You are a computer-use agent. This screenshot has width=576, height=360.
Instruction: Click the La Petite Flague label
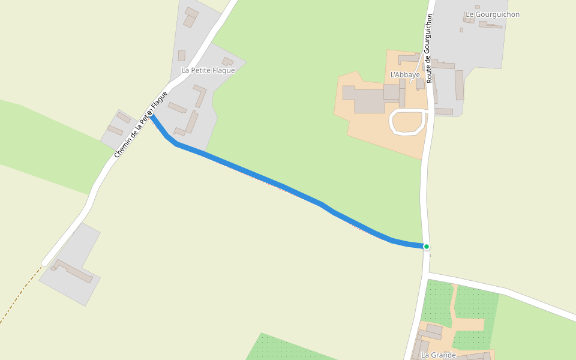point(208,70)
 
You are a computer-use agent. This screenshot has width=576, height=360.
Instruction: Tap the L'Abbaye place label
point(405,75)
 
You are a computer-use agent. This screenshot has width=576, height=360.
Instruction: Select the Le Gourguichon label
point(493,14)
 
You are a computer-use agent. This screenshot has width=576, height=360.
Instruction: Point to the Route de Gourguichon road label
point(428,48)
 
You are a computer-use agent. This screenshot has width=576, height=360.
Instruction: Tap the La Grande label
point(438,355)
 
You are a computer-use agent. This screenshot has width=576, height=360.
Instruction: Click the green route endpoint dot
point(427,247)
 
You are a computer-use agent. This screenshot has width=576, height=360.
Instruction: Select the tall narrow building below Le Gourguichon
point(459,85)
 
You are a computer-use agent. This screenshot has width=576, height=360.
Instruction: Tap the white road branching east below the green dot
point(504,290)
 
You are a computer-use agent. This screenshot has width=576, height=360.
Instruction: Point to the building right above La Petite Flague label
point(227,61)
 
